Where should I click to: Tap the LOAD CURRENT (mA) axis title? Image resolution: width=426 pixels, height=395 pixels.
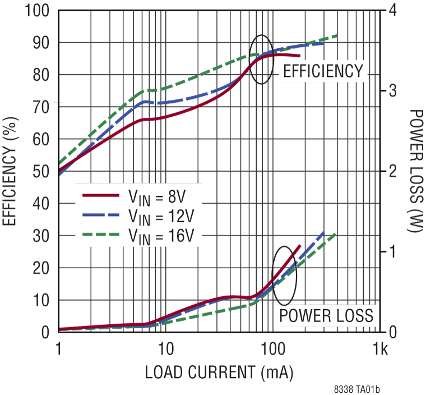[x=219, y=371]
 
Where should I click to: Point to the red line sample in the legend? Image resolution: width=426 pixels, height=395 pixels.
[x=101, y=195]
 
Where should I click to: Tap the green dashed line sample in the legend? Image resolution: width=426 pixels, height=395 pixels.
[x=101, y=233]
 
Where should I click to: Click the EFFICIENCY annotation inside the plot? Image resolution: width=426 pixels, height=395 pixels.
[x=323, y=72]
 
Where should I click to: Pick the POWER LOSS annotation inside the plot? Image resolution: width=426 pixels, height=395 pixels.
[x=326, y=315]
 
